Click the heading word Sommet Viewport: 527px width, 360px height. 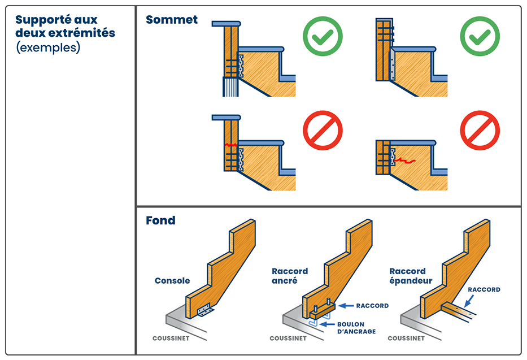(172, 20)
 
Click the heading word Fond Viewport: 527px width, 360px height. (160, 220)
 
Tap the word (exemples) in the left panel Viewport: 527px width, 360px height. (48, 47)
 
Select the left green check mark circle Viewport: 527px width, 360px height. (322, 37)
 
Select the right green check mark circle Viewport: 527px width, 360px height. (480, 37)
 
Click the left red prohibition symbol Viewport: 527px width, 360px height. (323, 131)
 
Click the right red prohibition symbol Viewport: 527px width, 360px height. (480, 131)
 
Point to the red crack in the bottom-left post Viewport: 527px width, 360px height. (231, 145)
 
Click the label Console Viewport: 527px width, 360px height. (172, 280)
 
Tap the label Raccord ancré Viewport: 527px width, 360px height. (290, 276)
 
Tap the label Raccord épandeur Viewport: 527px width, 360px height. (411, 276)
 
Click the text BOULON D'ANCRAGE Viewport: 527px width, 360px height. (356, 328)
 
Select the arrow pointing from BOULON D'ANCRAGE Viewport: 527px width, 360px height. (327, 324)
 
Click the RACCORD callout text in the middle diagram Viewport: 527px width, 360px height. (372, 306)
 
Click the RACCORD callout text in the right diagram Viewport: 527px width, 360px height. (484, 289)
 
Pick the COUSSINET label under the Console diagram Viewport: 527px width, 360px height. (171, 339)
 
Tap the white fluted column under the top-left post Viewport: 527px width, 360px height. (230, 87)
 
